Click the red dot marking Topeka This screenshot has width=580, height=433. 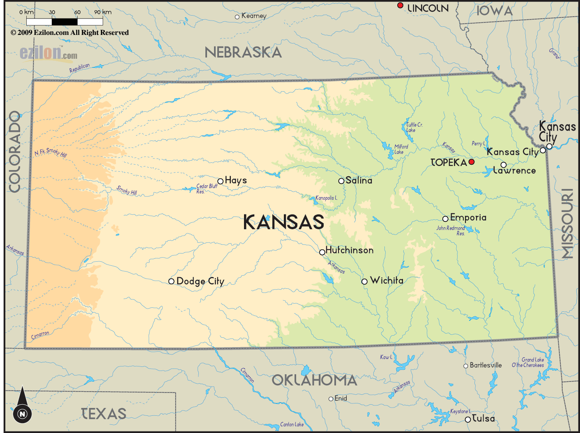pos(472,162)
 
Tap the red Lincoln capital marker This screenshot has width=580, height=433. pos(400,5)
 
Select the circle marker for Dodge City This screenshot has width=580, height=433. pos(171,281)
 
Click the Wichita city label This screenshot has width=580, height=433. pos(386,281)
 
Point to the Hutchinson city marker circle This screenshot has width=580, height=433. pos(322,252)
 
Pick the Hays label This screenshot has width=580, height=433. pos(236,180)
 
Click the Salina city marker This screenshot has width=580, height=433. pos(341,181)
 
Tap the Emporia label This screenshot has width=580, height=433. pos(468,217)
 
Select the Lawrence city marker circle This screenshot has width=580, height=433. pos(503,165)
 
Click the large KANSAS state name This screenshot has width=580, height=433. pos(283,222)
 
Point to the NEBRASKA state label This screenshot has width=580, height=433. pos(243,53)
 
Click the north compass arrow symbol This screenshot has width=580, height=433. pos(22,405)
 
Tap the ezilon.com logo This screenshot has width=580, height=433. pos(48,53)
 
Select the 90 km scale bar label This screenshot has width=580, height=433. pos(102,12)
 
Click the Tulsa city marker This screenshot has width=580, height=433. pos(467,419)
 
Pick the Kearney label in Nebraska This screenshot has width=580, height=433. pos(254,16)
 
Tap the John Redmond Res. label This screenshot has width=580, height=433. pos(451,230)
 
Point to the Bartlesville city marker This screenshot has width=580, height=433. pos(465,366)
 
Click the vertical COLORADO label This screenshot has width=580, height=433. pos(14,152)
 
